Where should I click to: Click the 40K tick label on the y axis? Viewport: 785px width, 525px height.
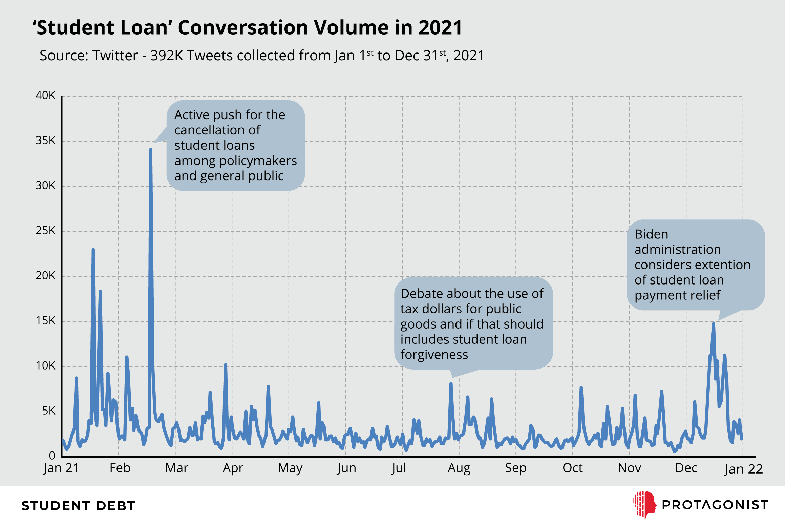(45, 95)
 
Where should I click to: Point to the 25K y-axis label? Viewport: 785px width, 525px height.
(45, 230)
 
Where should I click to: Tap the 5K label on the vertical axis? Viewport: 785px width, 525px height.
(48, 411)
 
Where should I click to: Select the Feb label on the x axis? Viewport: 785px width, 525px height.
(120, 468)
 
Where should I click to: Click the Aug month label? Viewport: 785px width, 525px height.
(459, 468)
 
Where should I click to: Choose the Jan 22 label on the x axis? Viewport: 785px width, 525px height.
(743, 469)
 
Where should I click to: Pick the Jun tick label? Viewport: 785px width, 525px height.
(346, 468)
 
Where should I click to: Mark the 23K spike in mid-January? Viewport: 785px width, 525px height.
(93, 249)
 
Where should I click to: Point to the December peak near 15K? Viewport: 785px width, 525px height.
(713, 323)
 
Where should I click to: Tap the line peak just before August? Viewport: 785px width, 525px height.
(451, 383)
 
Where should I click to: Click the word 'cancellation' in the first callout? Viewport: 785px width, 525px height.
(217, 130)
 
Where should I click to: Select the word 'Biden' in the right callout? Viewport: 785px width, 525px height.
(651, 234)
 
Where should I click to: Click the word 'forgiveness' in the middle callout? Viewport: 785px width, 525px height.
(434, 354)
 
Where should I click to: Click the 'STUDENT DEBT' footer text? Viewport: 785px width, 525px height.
(79, 506)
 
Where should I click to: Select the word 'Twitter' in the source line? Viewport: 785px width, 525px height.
(115, 55)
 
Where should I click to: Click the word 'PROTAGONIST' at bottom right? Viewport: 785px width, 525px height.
(715, 505)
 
